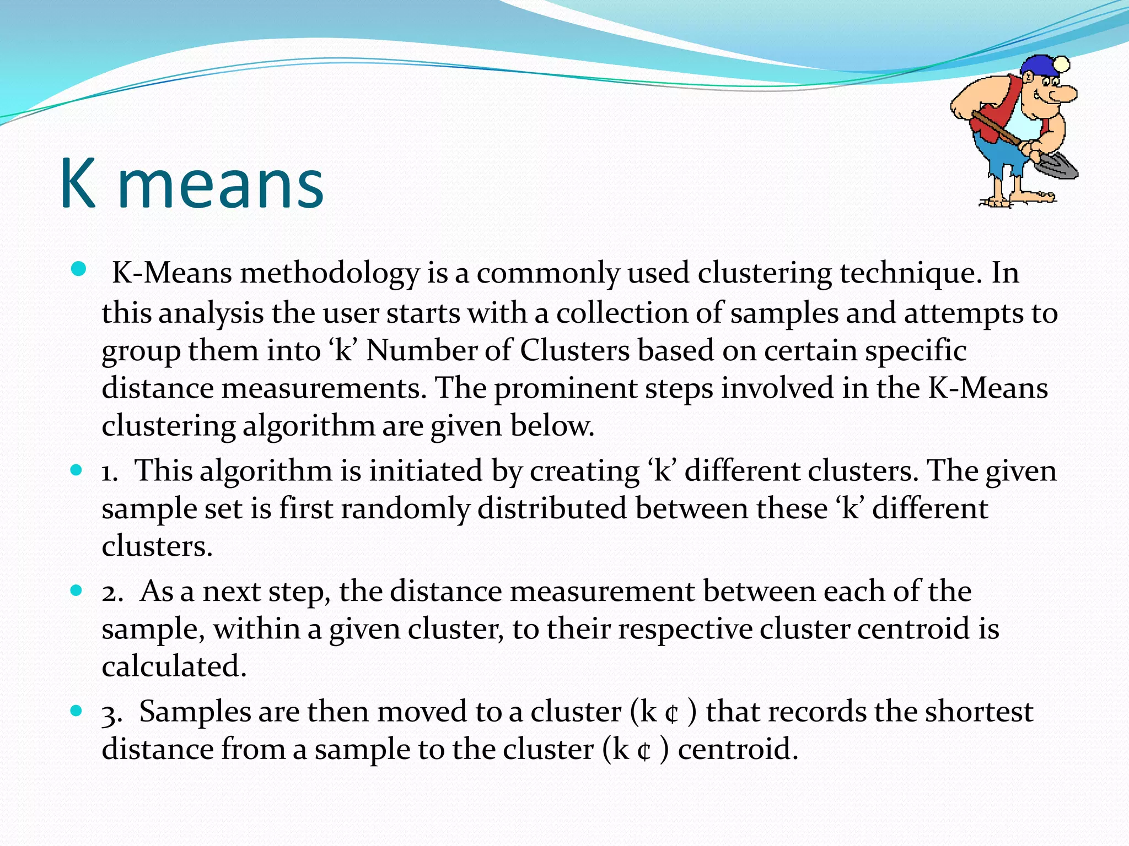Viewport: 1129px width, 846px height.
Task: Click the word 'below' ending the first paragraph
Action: click(551, 426)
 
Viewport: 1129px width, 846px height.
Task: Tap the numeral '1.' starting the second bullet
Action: click(109, 473)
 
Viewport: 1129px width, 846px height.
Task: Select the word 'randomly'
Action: click(405, 508)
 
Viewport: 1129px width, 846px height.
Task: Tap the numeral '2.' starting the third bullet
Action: click(112, 593)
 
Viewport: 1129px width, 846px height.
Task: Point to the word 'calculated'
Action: click(173, 666)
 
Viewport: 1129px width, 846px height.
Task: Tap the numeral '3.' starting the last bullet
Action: click(111, 714)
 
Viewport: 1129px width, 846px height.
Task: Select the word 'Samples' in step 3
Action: click(195, 712)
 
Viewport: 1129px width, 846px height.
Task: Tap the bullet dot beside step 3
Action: click(77, 711)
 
